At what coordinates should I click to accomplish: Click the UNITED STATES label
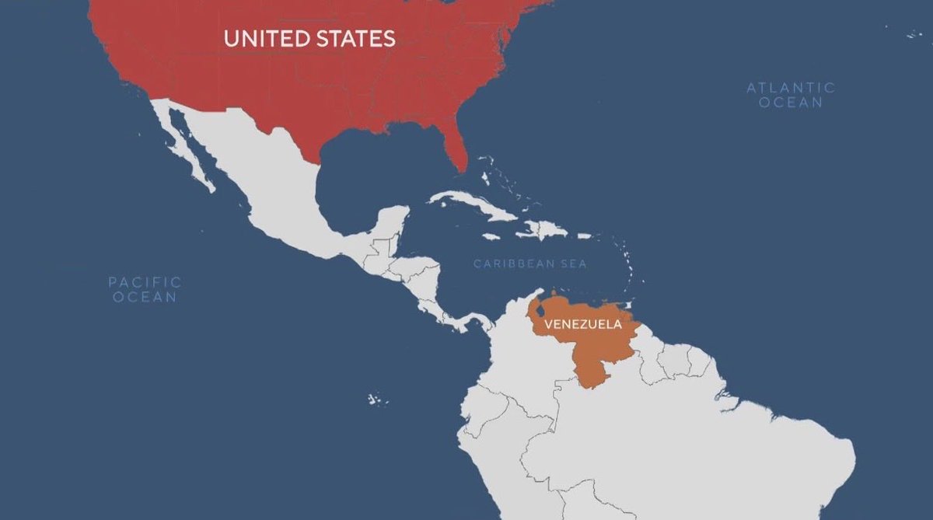click(x=309, y=38)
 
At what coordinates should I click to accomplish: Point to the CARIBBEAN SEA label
click(x=530, y=264)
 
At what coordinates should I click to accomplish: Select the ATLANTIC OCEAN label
click(x=791, y=95)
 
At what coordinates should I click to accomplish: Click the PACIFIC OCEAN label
click(x=145, y=289)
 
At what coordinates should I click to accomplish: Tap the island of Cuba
click(x=474, y=205)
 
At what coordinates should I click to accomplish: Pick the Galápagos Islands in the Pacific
click(x=377, y=399)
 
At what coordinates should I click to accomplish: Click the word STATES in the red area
click(x=355, y=38)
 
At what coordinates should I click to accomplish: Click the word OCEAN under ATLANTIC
click(x=791, y=103)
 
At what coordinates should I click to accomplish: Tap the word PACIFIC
click(x=145, y=282)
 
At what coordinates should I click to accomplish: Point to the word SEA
click(x=573, y=264)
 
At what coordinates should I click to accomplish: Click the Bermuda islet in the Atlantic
click(x=912, y=33)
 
